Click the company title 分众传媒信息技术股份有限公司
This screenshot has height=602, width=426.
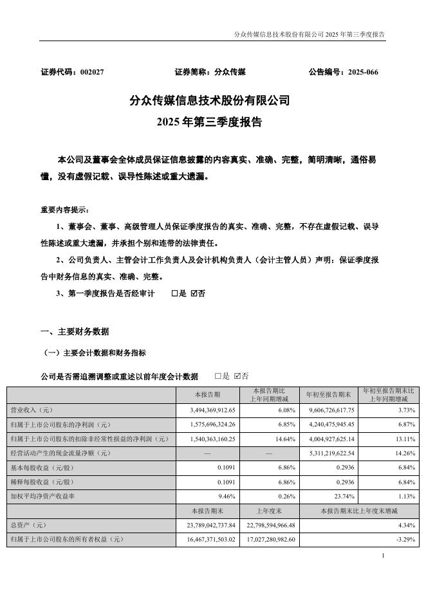(210, 101)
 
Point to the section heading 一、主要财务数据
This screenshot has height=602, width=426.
(75, 332)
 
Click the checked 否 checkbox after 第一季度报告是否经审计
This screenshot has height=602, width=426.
(194, 293)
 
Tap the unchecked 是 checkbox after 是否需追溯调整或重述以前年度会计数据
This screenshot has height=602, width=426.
(218, 376)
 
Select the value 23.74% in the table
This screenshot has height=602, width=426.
(342, 497)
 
